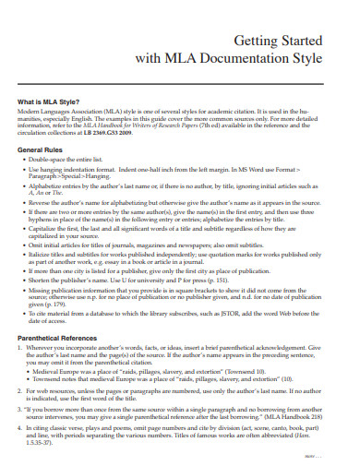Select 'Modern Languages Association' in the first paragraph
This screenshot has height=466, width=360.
click(61, 111)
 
